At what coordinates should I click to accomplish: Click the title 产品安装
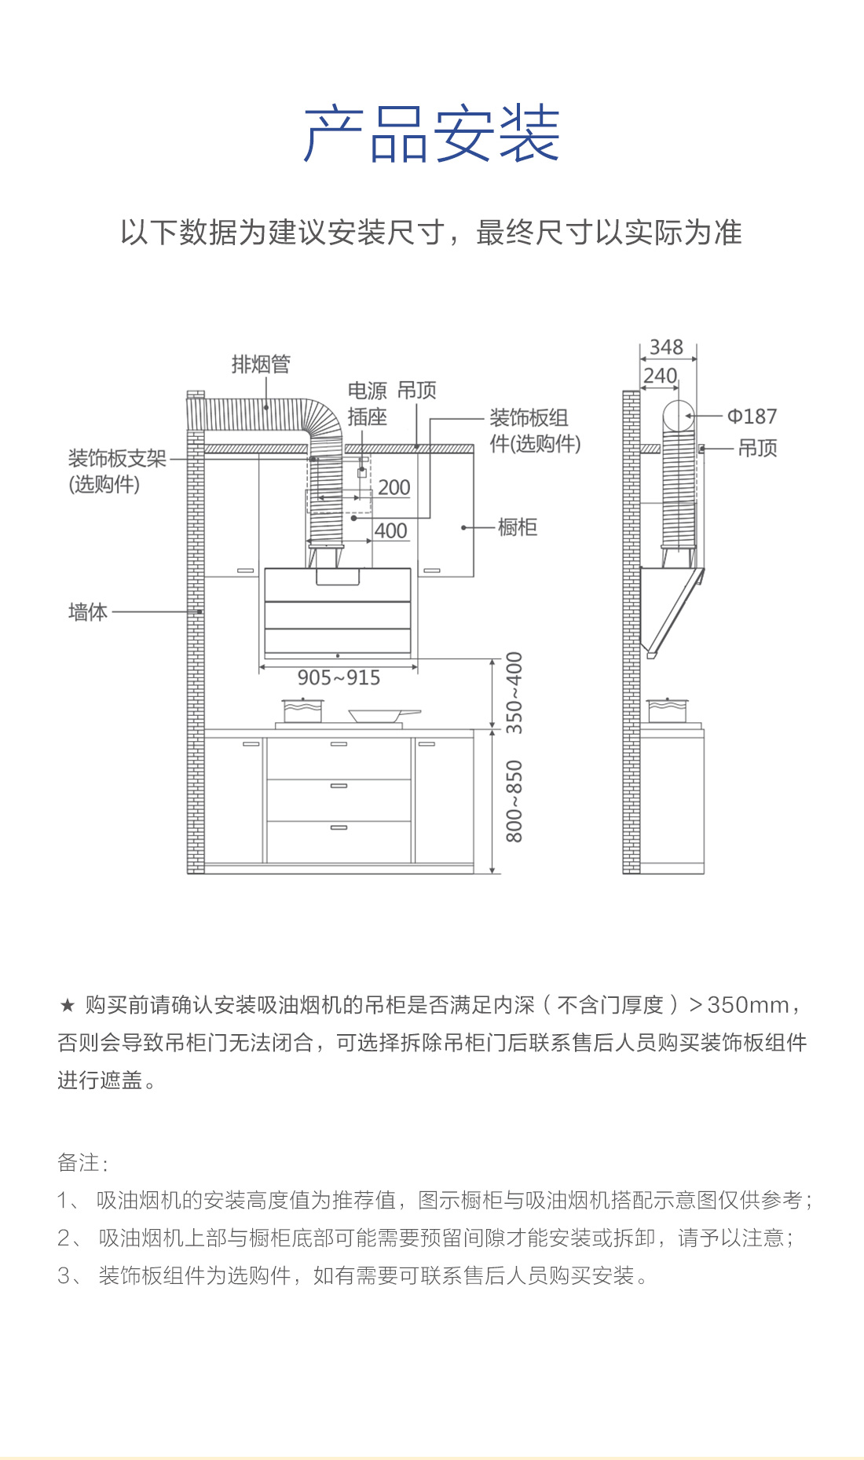pyautogui.click(x=431, y=134)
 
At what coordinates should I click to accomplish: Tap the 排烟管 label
pyautogui.click(x=261, y=365)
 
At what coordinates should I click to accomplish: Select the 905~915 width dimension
pyautogui.click(x=339, y=677)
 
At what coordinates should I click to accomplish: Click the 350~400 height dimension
pyautogui.click(x=514, y=692)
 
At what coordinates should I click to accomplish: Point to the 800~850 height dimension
pyautogui.click(x=514, y=801)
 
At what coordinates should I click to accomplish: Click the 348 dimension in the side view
pyautogui.click(x=666, y=347)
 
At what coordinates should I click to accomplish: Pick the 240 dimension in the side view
pyautogui.click(x=660, y=376)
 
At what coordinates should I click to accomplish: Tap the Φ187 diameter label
pyautogui.click(x=752, y=416)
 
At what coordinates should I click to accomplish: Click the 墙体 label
pyautogui.click(x=88, y=611)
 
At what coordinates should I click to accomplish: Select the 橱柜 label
pyautogui.click(x=518, y=527)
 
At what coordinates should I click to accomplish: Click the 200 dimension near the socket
pyautogui.click(x=394, y=487)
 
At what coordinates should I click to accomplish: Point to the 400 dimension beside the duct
pyautogui.click(x=390, y=531)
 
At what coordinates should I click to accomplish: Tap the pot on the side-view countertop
pyautogui.click(x=667, y=710)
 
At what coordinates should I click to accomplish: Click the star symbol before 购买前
pyautogui.click(x=67, y=1005)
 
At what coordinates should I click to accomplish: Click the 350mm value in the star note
pyautogui.click(x=748, y=1005)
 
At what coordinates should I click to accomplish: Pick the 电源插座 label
pyautogui.click(x=368, y=403)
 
